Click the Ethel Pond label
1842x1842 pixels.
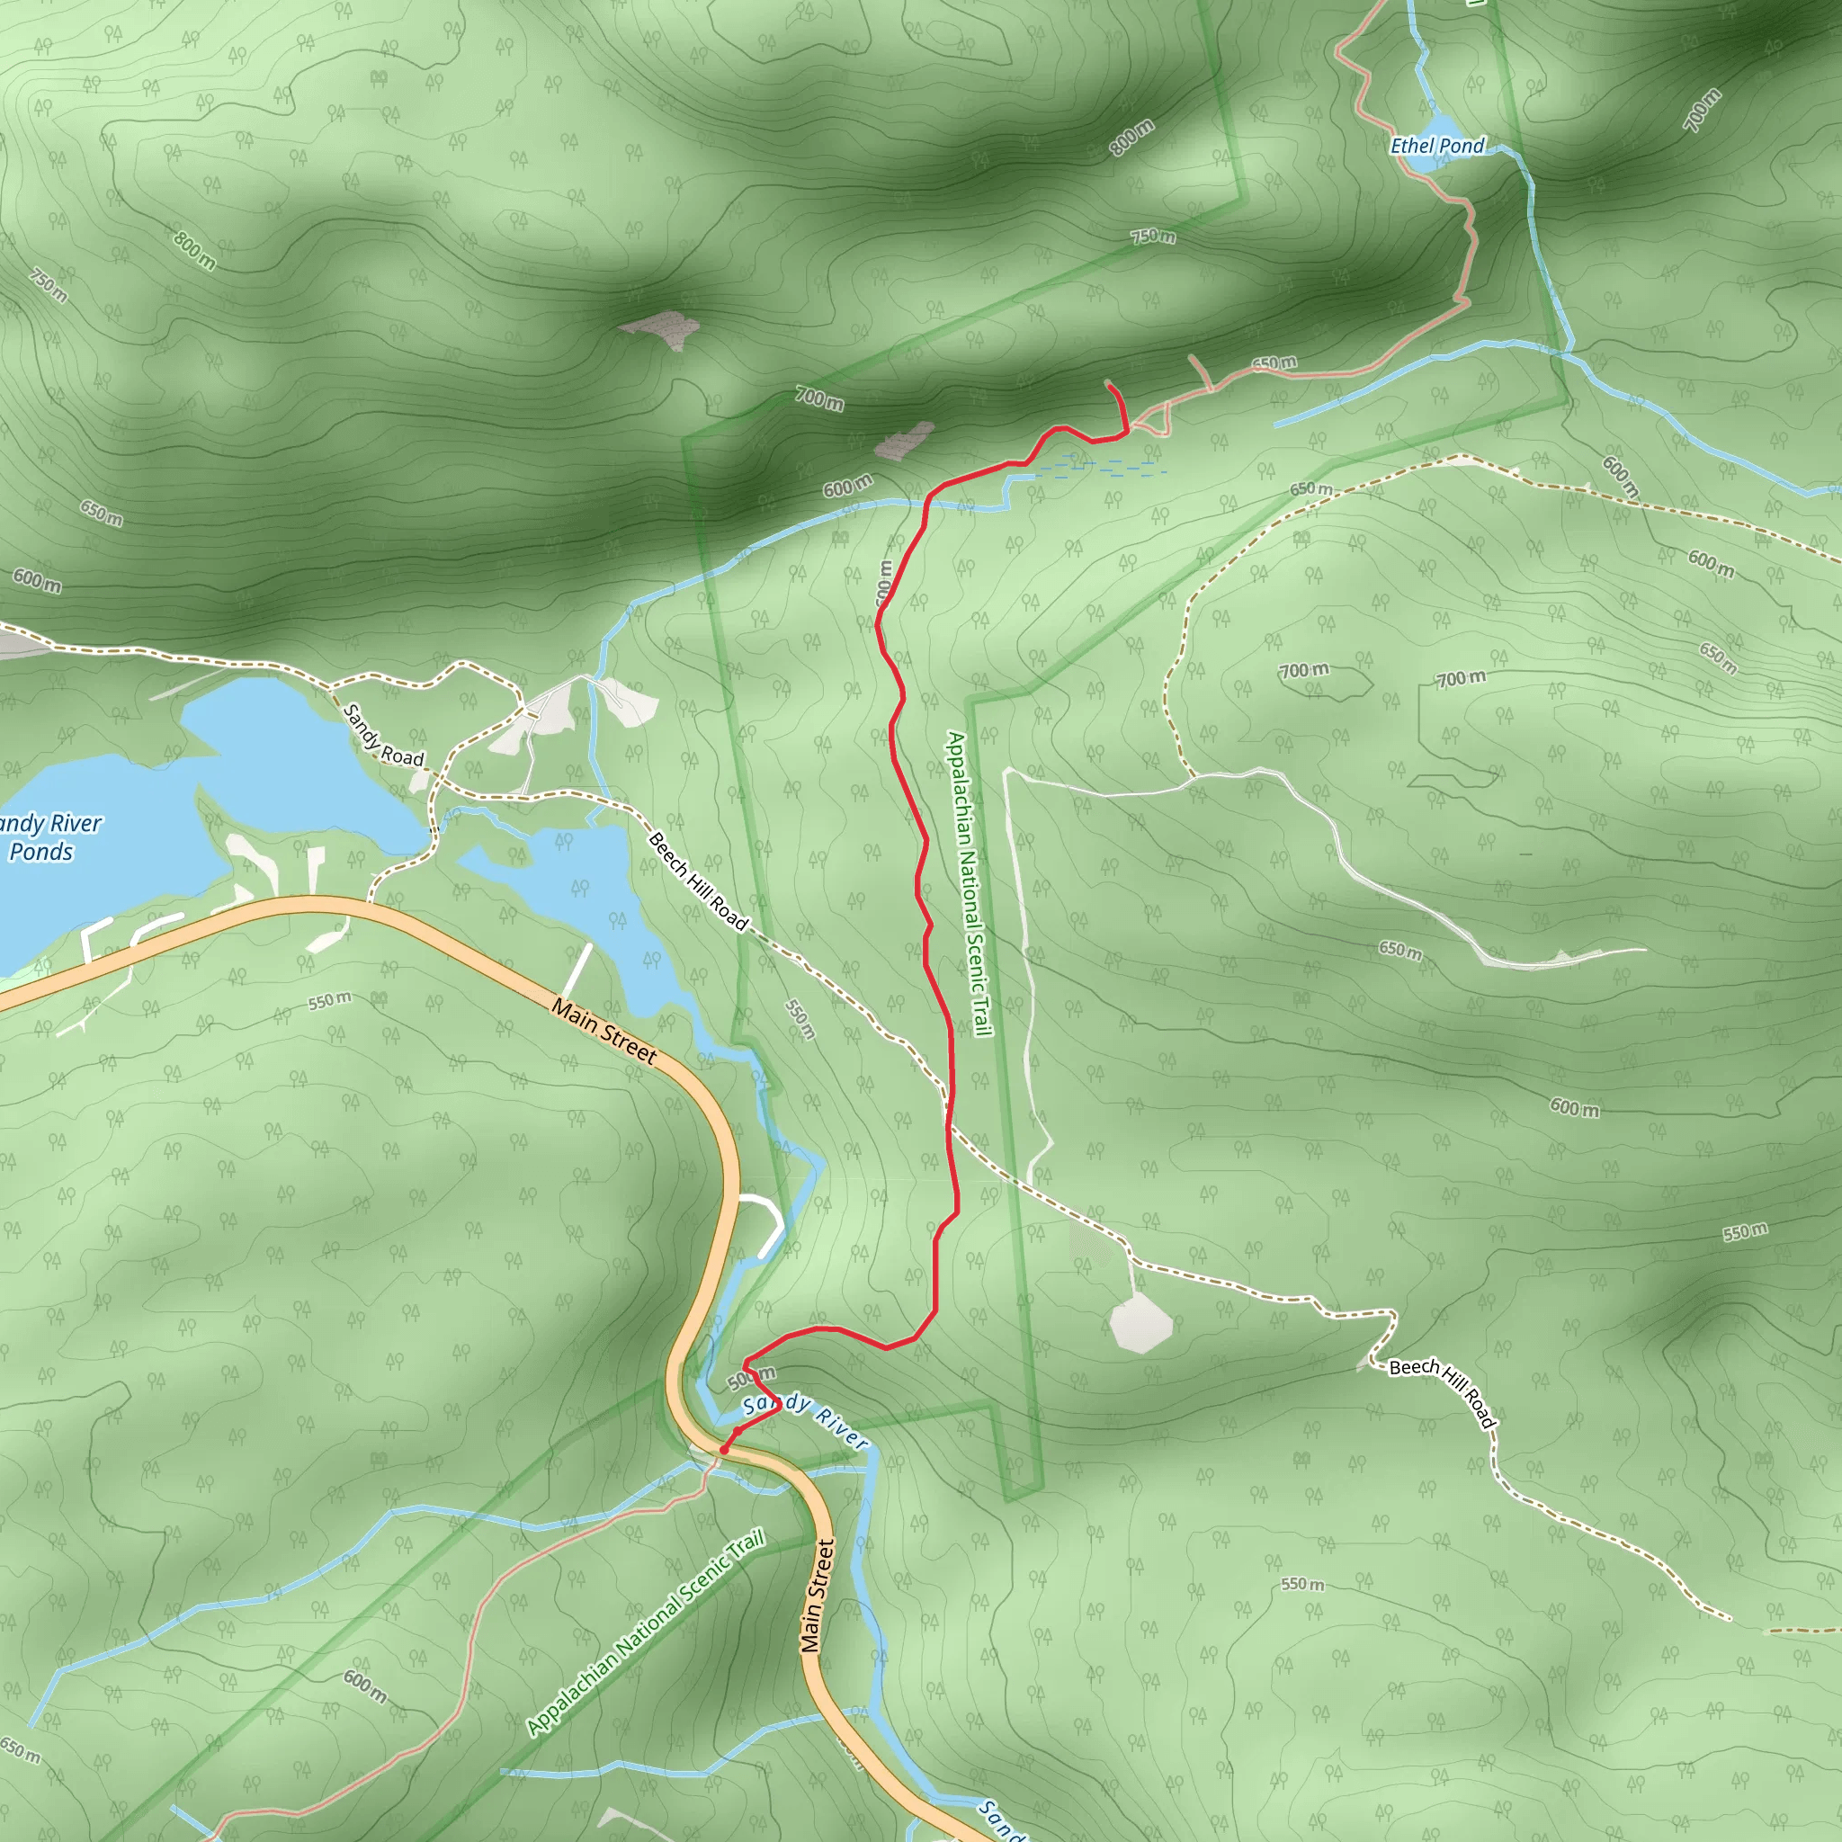point(1436,146)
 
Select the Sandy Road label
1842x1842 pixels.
point(382,735)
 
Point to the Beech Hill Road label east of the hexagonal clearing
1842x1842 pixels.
point(1443,1393)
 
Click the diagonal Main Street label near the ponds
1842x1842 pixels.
point(604,1032)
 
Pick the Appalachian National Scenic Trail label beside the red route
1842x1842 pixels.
point(970,884)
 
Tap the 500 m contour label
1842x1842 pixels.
point(751,1378)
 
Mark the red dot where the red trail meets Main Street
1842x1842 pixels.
point(725,1449)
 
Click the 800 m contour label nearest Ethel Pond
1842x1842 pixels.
point(1131,138)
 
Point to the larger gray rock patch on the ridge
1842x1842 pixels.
point(657,329)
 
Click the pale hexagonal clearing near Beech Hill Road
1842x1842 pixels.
point(1140,1324)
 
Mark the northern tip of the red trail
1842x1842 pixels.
point(1108,383)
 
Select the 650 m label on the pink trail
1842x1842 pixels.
point(1274,363)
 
